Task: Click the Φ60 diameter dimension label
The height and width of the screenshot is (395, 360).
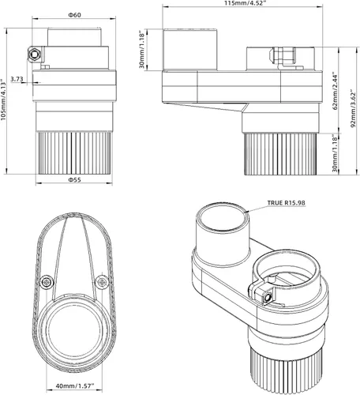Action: pyautogui.click(x=75, y=15)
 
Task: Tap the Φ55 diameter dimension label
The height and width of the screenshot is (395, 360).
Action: pyautogui.click(x=75, y=180)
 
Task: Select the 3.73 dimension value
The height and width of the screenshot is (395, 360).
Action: pyautogui.click(x=17, y=79)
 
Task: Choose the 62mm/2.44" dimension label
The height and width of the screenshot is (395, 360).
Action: pyautogui.click(x=336, y=90)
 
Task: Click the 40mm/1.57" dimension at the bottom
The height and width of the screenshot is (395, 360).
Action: pyautogui.click(x=75, y=386)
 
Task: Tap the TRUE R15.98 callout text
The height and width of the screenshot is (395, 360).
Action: pyautogui.click(x=287, y=203)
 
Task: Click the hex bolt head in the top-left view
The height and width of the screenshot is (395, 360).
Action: pyautogui.click(x=34, y=55)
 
